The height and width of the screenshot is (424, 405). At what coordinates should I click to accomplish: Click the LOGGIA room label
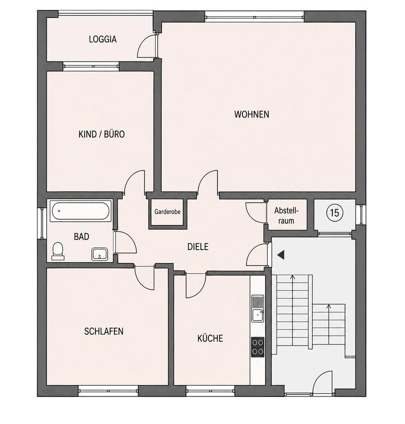point(103,39)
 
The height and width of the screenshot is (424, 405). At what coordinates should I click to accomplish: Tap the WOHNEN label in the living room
point(252,114)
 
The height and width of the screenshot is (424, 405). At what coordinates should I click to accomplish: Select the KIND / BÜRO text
point(102,134)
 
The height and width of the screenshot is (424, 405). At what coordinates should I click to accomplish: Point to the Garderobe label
point(167,212)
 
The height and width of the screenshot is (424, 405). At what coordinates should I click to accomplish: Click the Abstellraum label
point(286,216)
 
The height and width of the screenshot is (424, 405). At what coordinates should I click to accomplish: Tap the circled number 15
point(335,212)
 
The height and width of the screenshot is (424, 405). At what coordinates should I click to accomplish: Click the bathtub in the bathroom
point(80,211)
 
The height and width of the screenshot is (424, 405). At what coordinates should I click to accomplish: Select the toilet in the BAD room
point(58,251)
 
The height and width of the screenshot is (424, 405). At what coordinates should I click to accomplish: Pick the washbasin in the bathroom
point(99,254)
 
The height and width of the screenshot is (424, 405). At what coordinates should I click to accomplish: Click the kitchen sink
point(257,309)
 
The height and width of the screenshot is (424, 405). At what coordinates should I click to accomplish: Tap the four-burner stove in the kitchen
point(257,347)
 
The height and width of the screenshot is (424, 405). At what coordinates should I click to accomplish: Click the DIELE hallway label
point(198,246)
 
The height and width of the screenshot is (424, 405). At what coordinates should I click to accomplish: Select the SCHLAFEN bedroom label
point(104,331)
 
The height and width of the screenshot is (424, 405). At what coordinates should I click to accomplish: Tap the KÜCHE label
point(210,338)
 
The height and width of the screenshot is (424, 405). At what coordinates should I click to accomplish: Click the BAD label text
point(81,237)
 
